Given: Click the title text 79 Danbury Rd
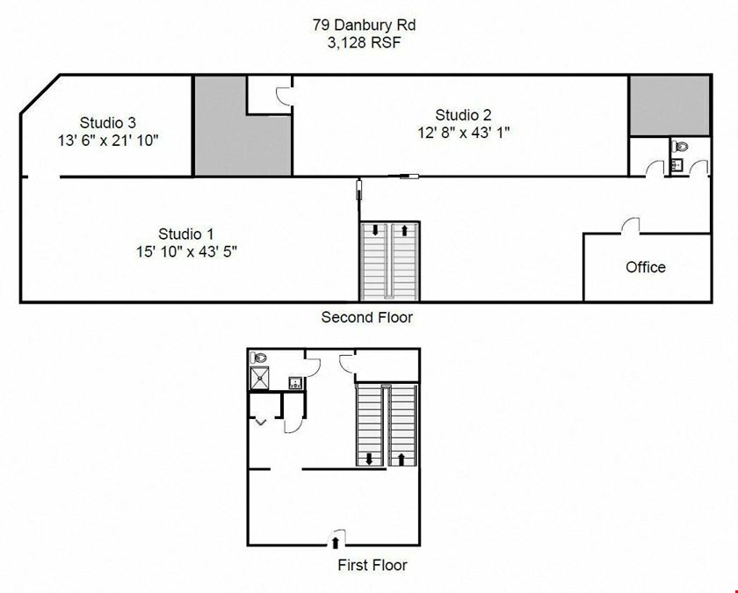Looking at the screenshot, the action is [x=365, y=25].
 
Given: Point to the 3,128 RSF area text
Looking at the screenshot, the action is [x=365, y=43].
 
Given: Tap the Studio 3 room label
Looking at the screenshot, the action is [x=108, y=122].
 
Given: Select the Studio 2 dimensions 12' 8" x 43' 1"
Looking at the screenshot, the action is [x=464, y=133].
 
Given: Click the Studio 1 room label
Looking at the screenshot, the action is [x=186, y=234].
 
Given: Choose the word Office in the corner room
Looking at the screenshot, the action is [x=646, y=267].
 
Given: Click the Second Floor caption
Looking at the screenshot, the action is [x=367, y=317].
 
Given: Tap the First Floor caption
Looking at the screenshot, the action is [x=373, y=565].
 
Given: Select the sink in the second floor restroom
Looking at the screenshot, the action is [x=676, y=165].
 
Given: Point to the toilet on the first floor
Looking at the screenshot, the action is [x=258, y=358].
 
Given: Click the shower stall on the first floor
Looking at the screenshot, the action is [x=259, y=379].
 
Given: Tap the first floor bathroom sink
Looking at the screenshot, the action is [x=295, y=382].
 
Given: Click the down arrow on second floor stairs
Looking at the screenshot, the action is [x=375, y=230].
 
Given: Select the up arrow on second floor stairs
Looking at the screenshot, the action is [x=404, y=230].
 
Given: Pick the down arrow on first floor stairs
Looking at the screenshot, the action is [x=369, y=459].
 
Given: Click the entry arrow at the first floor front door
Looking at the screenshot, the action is [x=335, y=542].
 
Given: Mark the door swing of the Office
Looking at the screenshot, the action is [x=630, y=225].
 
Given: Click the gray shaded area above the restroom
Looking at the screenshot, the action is [x=669, y=106].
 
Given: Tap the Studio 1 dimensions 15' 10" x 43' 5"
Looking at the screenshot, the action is [x=186, y=252].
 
